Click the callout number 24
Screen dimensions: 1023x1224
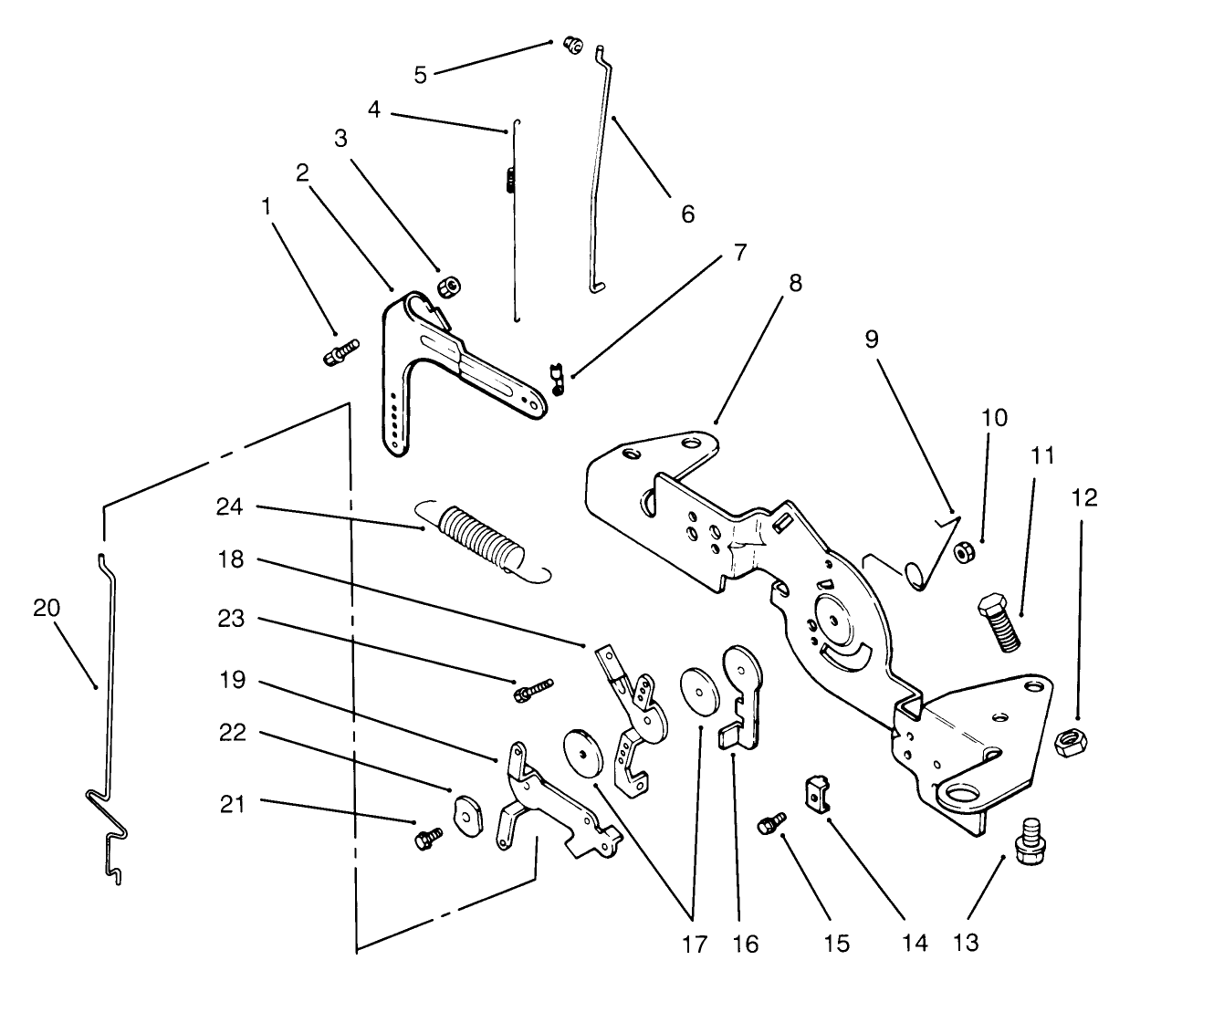click(x=229, y=506)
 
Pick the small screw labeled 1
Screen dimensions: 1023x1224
click(x=341, y=352)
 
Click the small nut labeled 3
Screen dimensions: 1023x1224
click(x=446, y=287)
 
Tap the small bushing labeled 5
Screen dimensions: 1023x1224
click(x=572, y=44)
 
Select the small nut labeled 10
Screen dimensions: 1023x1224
click(x=962, y=552)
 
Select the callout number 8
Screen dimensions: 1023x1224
click(x=795, y=284)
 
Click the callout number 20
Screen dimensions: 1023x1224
click(x=47, y=608)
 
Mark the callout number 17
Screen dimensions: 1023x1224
click(x=694, y=944)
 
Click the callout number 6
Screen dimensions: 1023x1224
click(x=687, y=214)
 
